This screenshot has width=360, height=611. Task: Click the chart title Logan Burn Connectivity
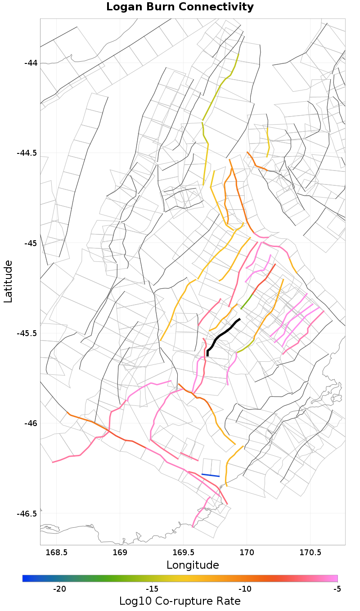tap(180, 7)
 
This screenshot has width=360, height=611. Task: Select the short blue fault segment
tap(210, 475)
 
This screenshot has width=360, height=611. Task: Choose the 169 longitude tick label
tap(120, 553)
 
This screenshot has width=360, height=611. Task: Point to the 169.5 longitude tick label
tap(184, 553)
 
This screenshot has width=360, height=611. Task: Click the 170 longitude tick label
tap(247, 553)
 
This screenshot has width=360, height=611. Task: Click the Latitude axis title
tap(8, 281)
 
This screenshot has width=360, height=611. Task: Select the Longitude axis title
tap(193, 565)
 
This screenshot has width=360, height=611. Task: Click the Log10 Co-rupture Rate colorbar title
tap(180, 601)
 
